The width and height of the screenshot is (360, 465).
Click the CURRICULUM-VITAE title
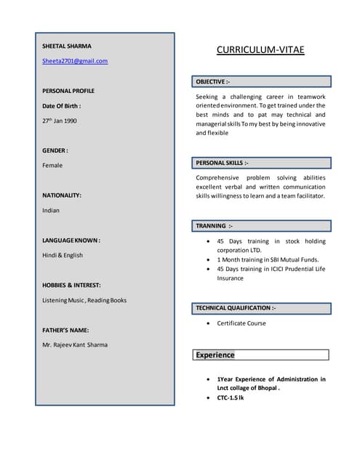pyautogui.click(x=260, y=50)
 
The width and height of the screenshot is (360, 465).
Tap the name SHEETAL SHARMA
pyautogui.click(x=67, y=46)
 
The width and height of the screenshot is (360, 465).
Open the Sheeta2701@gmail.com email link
pyautogui.click(x=75, y=61)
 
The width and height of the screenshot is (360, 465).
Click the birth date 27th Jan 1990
pyautogui.click(x=60, y=121)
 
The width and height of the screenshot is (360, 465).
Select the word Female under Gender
pyautogui.click(x=52, y=166)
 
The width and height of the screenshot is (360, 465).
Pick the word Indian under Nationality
pyautogui.click(x=51, y=211)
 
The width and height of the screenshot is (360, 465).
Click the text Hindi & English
pyautogui.click(x=63, y=256)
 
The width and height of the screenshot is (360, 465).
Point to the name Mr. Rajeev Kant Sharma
pyautogui.click(x=75, y=345)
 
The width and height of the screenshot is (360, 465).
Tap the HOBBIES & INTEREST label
pyautogui.click(x=71, y=286)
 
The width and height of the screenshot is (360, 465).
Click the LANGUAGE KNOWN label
pyautogui.click(x=71, y=240)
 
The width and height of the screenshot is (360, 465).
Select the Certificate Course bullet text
pyautogui.click(x=241, y=323)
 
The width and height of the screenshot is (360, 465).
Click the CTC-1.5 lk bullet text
pyautogui.click(x=231, y=398)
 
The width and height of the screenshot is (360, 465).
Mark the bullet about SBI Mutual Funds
pyautogui.click(x=268, y=259)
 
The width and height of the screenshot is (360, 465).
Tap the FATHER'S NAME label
pyautogui.click(x=65, y=330)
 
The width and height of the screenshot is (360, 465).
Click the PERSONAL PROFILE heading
pyautogui.click(x=68, y=91)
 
